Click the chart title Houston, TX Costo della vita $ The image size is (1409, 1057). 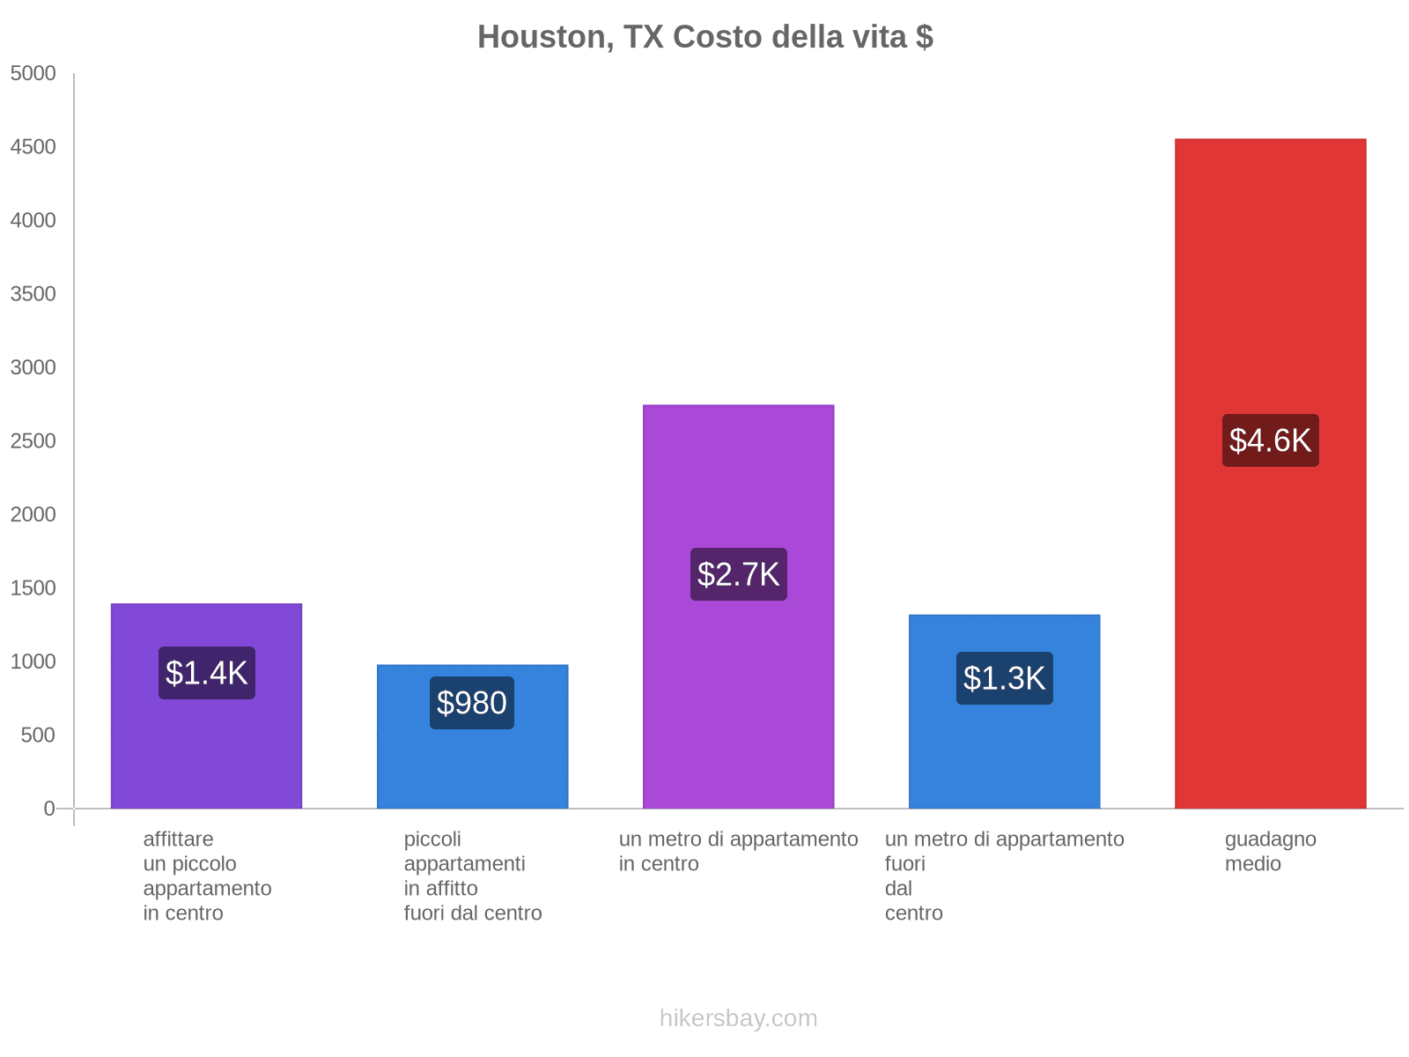704,37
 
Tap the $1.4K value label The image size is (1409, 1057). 207,673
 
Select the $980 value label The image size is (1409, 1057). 472,703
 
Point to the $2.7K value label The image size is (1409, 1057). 738,574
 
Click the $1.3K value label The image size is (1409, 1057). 1004,678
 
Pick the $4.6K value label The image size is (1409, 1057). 1270,440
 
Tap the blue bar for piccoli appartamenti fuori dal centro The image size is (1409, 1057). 472,766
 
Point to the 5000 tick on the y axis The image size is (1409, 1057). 33,74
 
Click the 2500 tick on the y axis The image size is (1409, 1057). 33,441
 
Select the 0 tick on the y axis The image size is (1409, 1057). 49,809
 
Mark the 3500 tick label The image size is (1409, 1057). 33,294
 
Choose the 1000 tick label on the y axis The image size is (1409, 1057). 33,662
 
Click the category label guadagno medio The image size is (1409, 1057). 1270,851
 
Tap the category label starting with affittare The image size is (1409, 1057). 207,876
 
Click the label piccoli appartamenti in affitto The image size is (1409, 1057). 472,876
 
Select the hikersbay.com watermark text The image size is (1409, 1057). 738,1018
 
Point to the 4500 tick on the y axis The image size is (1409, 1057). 33,147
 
